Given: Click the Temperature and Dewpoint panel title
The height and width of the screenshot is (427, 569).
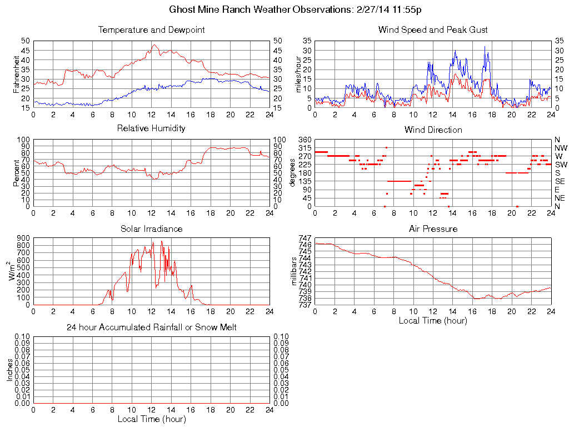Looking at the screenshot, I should click(x=151, y=29).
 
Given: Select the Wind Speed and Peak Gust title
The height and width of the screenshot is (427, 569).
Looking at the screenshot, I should click(x=433, y=29).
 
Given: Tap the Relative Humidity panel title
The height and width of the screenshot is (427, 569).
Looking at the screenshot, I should click(x=151, y=128).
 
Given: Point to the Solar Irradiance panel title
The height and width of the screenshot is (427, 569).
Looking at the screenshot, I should click(x=151, y=229).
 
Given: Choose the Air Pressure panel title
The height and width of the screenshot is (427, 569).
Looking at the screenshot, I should click(x=433, y=229).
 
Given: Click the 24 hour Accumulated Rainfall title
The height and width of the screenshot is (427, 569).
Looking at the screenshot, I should click(x=151, y=327).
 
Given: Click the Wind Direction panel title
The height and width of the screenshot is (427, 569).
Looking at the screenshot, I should click(x=433, y=130).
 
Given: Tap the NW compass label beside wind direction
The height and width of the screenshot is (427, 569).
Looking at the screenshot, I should click(x=560, y=148).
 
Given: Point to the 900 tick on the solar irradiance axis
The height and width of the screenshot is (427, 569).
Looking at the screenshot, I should click(x=23, y=238).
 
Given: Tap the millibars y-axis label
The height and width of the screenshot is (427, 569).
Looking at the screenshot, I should click(x=295, y=271).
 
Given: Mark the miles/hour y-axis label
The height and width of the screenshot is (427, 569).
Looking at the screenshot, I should click(x=298, y=74).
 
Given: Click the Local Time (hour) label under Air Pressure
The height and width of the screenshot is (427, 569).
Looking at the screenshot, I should click(x=433, y=320).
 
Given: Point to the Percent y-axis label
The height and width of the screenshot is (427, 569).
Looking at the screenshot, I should click(x=16, y=173).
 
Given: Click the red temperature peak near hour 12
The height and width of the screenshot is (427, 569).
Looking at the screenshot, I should click(x=154, y=45).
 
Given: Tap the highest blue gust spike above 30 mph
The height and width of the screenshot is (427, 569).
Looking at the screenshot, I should click(x=485, y=47).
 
